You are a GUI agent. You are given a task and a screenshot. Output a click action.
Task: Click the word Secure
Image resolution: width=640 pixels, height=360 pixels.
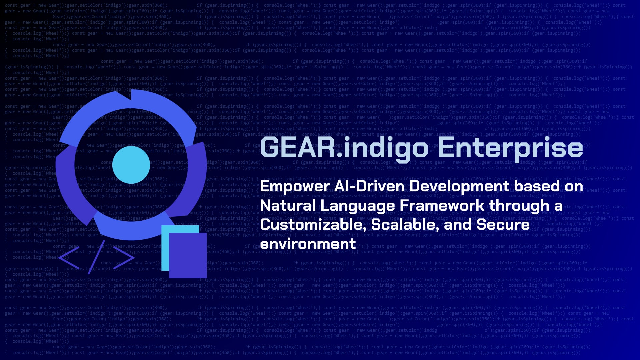pyautogui.click(x=503, y=225)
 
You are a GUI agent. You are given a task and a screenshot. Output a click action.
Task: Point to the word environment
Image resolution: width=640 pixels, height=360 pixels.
pyautogui.click(x=308, y=244)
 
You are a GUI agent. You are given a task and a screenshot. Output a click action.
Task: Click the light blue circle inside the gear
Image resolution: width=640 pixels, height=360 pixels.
pyautogui.click(x=131, y=165)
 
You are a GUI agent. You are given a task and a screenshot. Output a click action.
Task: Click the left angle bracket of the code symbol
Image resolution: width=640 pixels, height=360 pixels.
pyautogui.click(x=69, y=257)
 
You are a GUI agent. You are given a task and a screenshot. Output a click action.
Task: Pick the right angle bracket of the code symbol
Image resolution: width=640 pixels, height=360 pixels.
pyautogui.click(x=124, y=257)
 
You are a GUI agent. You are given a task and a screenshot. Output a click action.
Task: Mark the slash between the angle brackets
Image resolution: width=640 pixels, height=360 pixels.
pyautogui.click(x=97, y=257)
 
